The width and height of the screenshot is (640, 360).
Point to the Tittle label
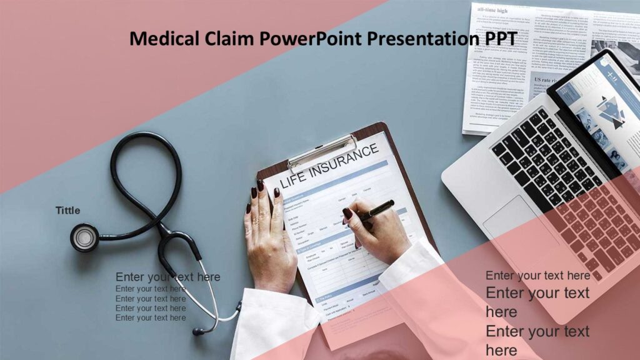(67, 211)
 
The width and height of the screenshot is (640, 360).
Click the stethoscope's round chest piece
(84, 237)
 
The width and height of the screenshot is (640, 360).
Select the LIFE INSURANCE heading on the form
(330, 166)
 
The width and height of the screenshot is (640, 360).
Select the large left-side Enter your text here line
(167, 277)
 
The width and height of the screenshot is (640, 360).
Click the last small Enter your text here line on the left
(151, 317)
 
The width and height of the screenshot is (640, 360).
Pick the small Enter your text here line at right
(537, 275)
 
